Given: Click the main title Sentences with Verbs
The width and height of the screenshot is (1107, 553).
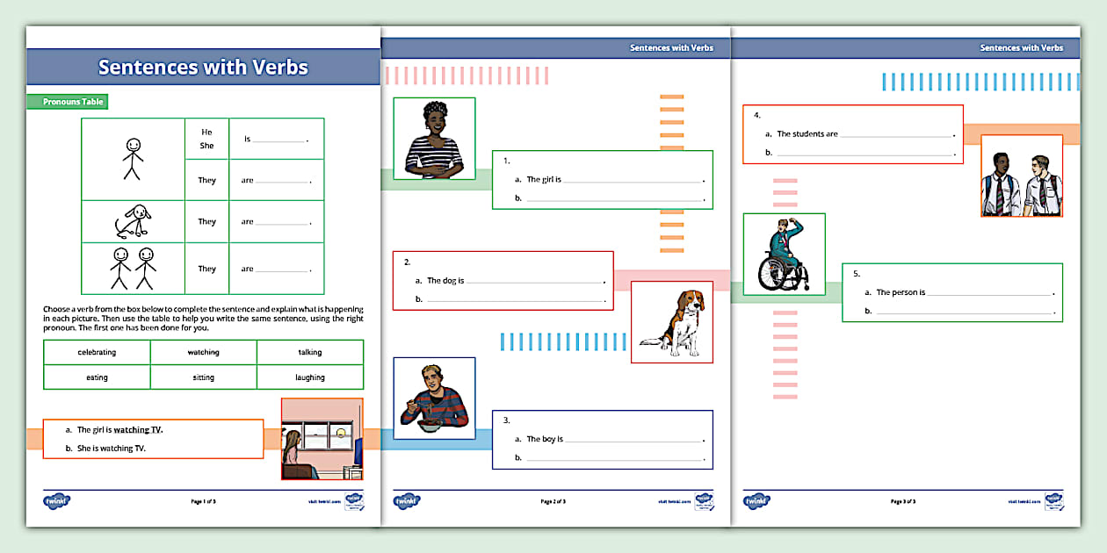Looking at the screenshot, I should coord(203,68).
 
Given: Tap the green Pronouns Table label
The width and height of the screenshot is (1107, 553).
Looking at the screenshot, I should coord(74,102).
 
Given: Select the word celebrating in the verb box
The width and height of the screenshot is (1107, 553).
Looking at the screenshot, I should coord(97,352).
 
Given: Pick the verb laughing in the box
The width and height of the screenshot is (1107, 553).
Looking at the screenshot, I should coord(309,377).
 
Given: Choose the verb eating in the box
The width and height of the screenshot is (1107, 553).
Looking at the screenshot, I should coord(97,377).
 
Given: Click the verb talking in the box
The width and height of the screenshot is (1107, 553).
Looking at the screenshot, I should coord(309,352).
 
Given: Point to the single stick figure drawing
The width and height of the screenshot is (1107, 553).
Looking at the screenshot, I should coord(132,158).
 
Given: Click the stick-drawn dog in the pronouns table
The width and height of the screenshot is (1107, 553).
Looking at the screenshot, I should coord(132,222).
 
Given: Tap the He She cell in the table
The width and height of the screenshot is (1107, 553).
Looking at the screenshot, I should coord(206,139).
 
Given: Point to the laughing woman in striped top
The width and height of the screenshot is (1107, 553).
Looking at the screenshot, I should coord(434,139).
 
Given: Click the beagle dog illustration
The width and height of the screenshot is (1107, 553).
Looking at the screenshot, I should coord(672,321).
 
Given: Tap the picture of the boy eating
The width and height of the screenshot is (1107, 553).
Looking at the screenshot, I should coord(434,398).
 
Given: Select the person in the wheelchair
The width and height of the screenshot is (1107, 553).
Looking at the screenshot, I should coord(784,254).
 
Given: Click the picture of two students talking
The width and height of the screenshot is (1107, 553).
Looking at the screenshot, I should coord(1021,176).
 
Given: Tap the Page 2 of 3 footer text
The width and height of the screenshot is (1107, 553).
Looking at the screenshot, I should coord(553,501).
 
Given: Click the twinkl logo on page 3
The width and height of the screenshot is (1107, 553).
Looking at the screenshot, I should coord(756,501).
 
